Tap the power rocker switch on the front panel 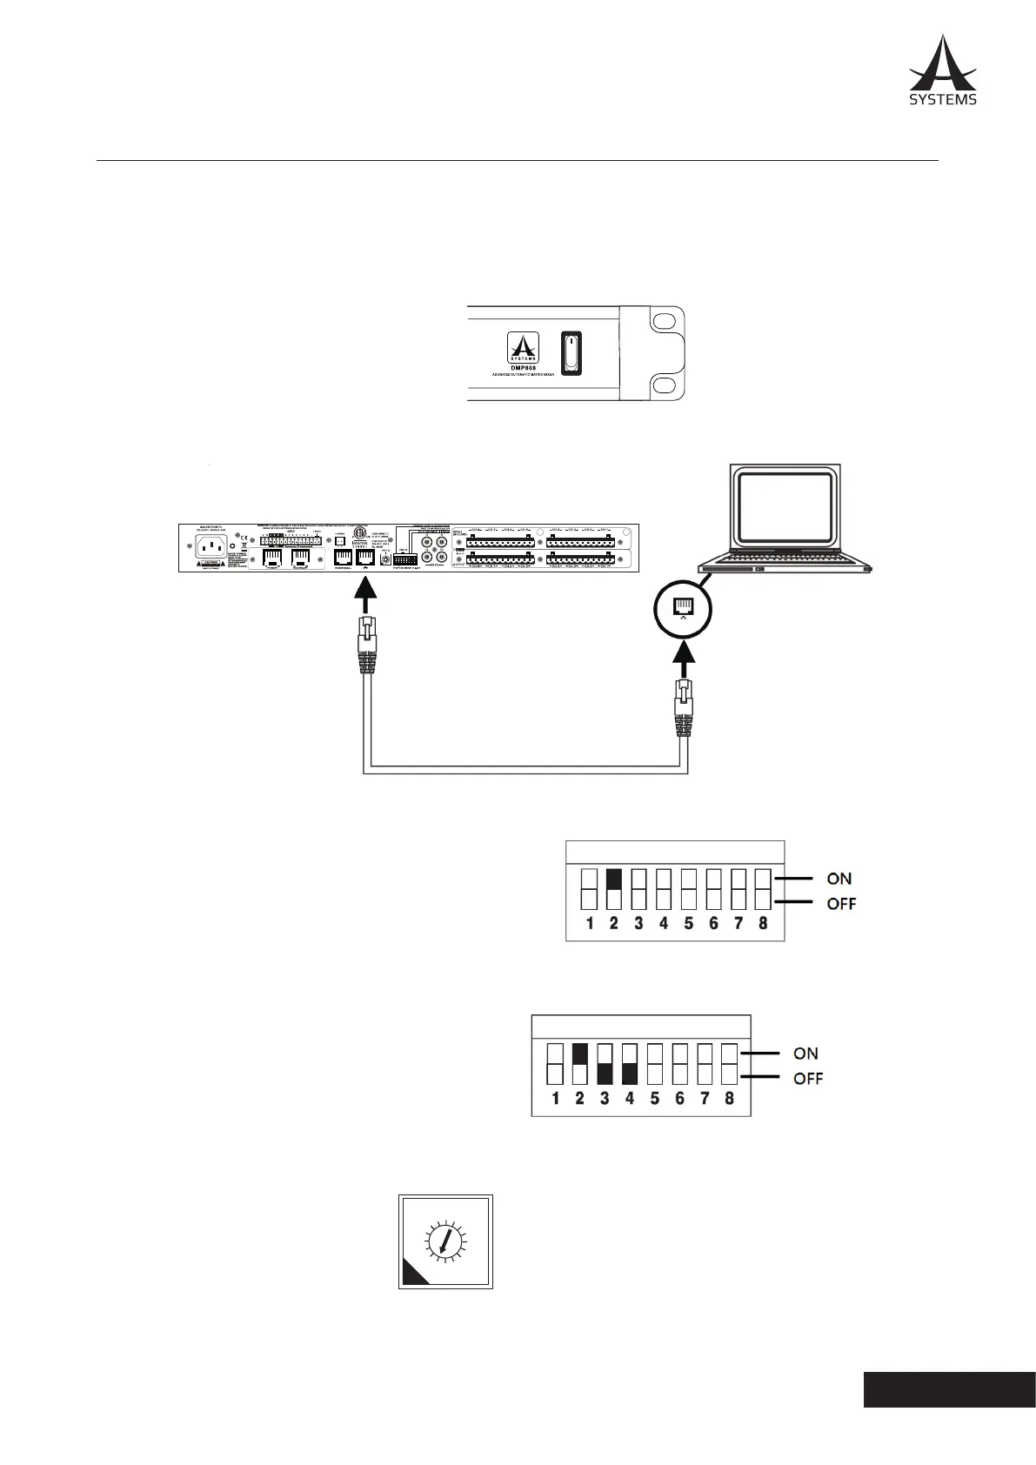coord(570,353)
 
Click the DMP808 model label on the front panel coord(523,368)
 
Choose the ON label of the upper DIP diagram coord(839,879)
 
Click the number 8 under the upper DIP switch coord(763,924)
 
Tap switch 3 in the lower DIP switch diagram coord(605,1063)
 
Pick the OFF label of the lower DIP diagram coord(807,1079)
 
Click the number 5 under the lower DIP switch coord(654,1098)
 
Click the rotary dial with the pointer coord(445,1241)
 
